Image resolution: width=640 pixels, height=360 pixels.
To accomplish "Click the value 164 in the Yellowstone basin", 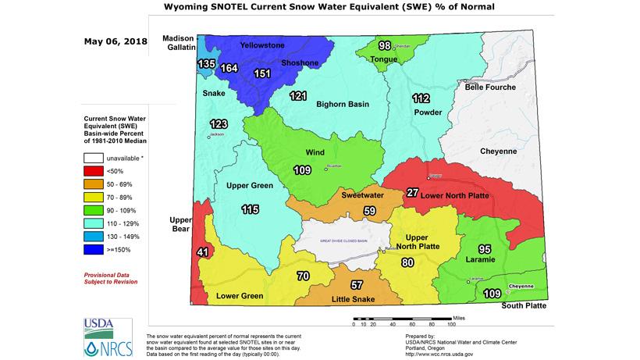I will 229,68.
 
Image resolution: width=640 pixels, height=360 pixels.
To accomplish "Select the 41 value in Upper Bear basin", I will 202,251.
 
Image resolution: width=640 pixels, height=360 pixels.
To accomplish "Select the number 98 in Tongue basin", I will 384,46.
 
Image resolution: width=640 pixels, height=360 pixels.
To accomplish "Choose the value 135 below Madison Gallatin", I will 207,63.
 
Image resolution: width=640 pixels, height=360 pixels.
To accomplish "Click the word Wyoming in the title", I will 189,7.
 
